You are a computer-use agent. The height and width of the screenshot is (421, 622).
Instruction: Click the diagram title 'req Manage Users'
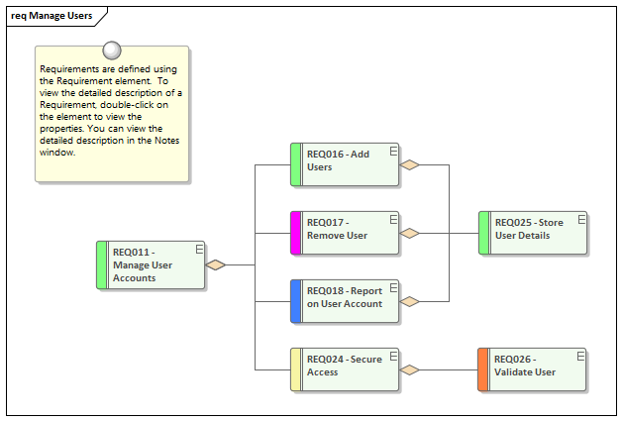coord(52,16)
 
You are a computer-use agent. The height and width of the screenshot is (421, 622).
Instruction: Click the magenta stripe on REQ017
coord(295,233)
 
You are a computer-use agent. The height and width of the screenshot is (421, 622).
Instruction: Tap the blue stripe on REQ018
coord(295,301)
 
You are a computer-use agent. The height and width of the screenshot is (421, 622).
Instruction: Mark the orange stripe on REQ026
coord(483,368)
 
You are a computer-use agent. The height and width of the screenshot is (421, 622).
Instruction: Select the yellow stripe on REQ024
coord(295,368)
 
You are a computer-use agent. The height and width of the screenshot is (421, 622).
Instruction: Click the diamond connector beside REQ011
coord(217,264)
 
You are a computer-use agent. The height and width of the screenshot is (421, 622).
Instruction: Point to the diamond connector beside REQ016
coord(410,165)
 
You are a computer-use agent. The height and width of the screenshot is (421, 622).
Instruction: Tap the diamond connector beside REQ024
coord(410,369)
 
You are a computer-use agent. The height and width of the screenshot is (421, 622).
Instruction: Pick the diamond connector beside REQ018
coord(410,301)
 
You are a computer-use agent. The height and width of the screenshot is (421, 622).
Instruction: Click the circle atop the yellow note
coord(112,50)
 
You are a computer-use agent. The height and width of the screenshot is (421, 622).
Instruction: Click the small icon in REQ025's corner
coord(580,218)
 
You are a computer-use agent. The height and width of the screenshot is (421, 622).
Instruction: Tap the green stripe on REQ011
coord(102,264)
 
